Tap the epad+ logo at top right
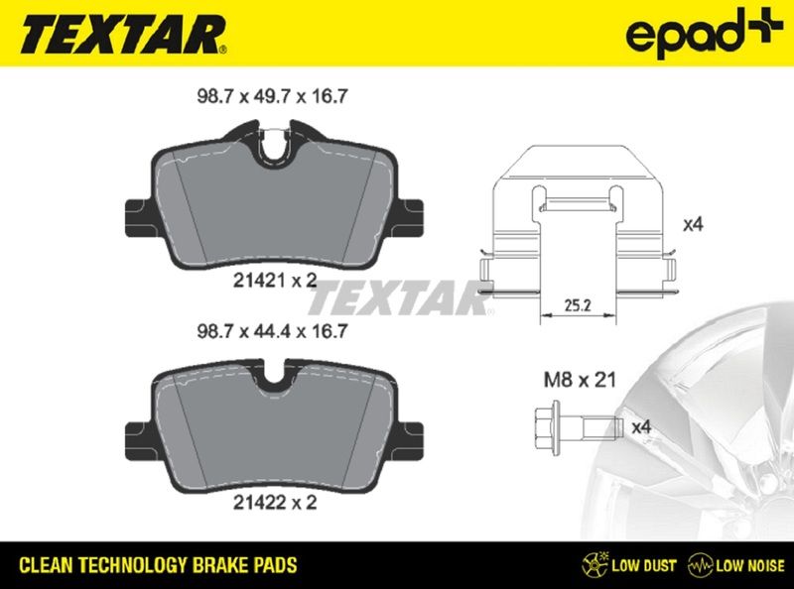pos(704,32)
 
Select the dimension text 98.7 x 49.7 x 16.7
pos(272,96)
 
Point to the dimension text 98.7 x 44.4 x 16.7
pos(272,331)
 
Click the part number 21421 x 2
pos(275,280)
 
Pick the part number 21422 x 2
pos(275,503)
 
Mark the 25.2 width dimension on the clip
pos(578,305)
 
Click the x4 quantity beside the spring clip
pos(693,224)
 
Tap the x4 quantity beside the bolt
pos(641,427)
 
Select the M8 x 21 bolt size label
pos(580,380)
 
